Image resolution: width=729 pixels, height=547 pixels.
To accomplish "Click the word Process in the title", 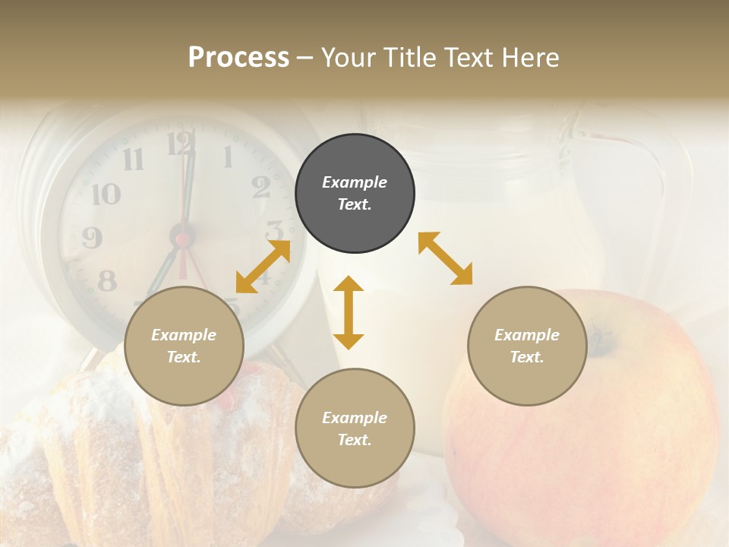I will pyautogui.click(x=238, y=58).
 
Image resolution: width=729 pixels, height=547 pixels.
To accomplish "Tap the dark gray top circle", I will pyautogui.click(x=355, y=193).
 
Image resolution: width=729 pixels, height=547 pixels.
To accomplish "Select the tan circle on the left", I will pyautogui.click(x=184, y=346).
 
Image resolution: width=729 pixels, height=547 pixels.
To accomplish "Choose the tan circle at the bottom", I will pyautogui.click(x=355, y=428).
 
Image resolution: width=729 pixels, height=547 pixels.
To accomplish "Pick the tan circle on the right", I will pyautogui.click(x=527, y=346).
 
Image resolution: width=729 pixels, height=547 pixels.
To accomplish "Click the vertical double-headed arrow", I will pyautogui.click(x=349, y=312).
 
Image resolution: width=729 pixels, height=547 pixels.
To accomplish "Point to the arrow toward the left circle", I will pyautogui.click(x=263, y=266).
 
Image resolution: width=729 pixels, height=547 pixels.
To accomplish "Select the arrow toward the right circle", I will pyautogui.click(x=446, y=258).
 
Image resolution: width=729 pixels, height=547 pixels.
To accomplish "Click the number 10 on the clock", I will pyautogui.click(x=106, y=194).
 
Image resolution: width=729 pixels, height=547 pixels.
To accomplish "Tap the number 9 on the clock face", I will pyautogui.click(x=92, y=239).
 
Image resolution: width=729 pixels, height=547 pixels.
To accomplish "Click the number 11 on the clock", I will pyautogui.click(x=133, y=159).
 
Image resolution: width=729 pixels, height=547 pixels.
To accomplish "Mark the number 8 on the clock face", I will pyautogui.click(x=107, y=281).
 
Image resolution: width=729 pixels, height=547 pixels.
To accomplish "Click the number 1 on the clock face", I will pyautogui.click(x=227, y=157).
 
